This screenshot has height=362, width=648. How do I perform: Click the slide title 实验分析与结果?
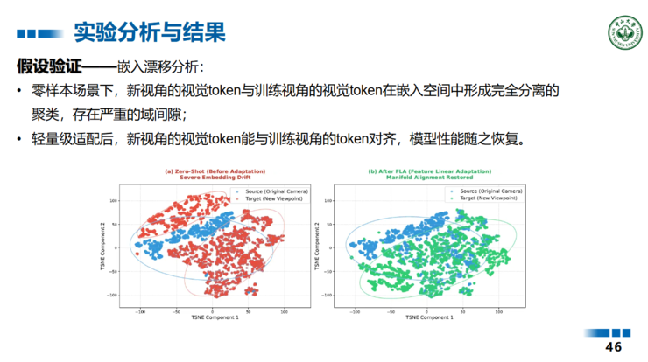[149, 33]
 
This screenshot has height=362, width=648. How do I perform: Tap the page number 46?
[614, 347]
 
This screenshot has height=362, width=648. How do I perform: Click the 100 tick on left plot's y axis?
[113, 201]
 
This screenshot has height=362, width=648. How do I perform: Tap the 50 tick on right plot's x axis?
[468, 310]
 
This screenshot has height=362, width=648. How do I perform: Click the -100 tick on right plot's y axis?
[332, 295]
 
